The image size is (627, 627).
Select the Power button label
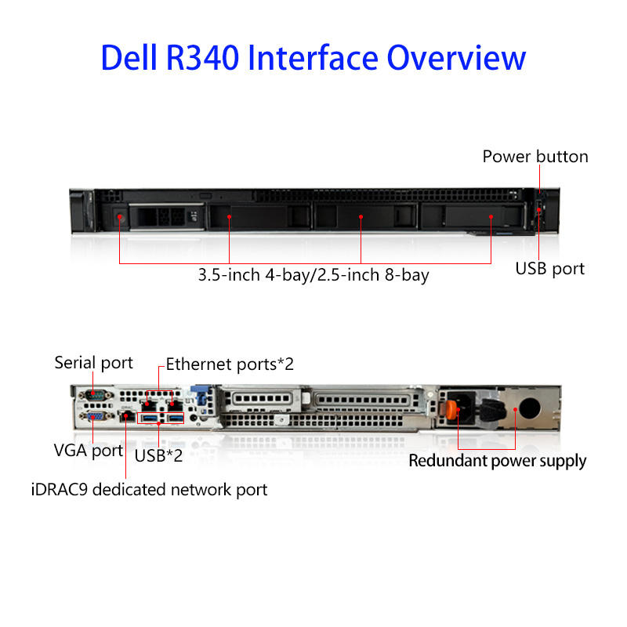click(x=535, y=157)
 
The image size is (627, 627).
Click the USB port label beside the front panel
click(x=549, y=269)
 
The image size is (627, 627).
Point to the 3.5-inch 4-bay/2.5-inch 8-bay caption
click(x=313, y=275)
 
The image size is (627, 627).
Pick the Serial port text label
click(x=93, y=363)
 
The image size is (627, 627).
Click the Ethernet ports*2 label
click(x=230, y=364)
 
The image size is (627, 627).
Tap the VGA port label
click(x=88, y=451)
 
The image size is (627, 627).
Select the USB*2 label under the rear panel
click(x=158, y=455)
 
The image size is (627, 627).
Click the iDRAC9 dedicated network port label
click(x=148, y=490)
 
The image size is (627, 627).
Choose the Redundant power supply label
click(x=497, y=461)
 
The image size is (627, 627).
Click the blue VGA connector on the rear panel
click(x=94, y=416)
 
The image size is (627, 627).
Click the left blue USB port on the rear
click(x=149, y=418)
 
